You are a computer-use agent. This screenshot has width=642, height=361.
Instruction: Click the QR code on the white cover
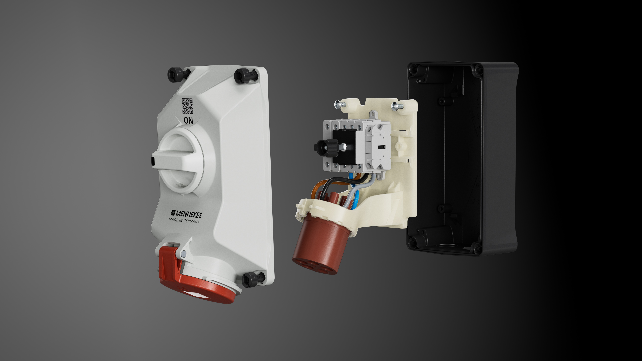point(187,106)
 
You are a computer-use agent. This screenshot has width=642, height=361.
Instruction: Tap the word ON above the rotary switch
point(188,121)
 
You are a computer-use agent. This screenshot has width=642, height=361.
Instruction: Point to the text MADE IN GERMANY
point(184,221)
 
